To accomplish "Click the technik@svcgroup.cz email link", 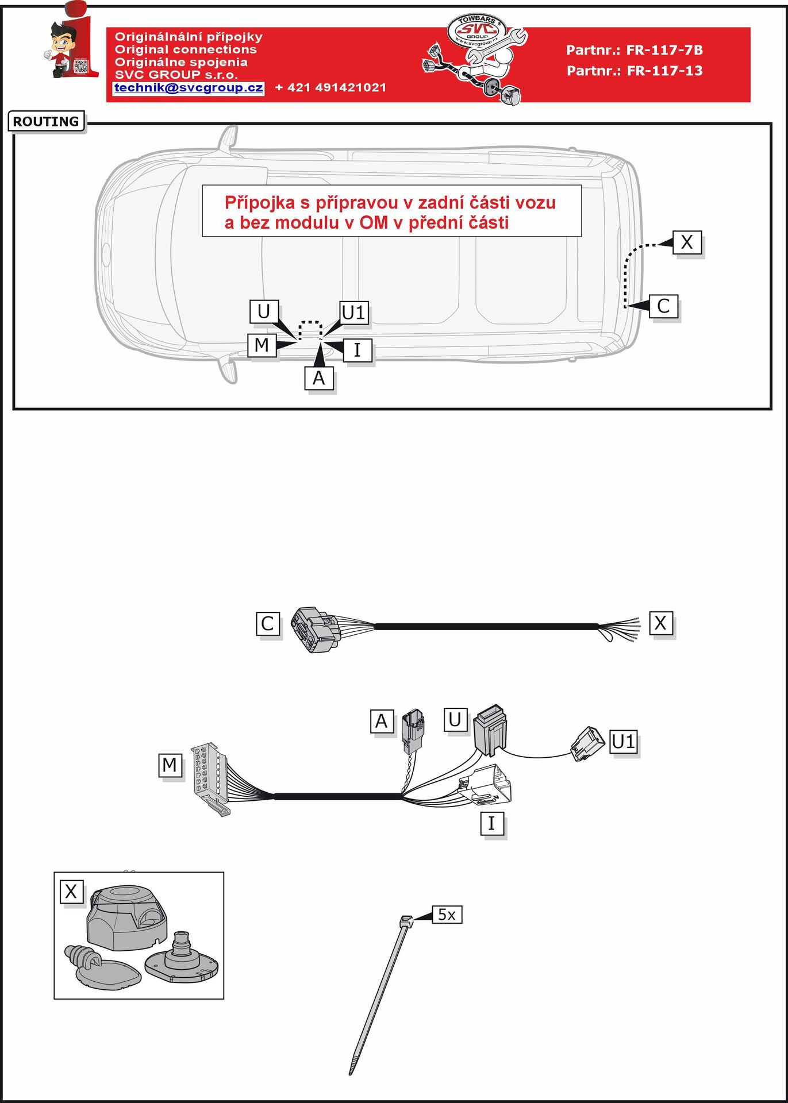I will coord(189,88).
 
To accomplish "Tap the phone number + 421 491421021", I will coord(330,88).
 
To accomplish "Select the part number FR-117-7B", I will coord(664,50).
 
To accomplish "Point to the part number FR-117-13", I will coord(664,71).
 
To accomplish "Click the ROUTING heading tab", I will coord(46,121).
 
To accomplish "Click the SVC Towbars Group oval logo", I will coord(476,30).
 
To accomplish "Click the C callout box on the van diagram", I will coord(663,306).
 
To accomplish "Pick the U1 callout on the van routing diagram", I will coord(353,313).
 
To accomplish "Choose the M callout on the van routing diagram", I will coord(262,345).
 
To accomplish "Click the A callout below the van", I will coord(318,378).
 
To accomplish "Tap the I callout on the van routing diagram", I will coord(358,349).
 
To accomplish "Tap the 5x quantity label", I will coord(447,915).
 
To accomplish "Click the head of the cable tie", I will coord(406,920).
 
